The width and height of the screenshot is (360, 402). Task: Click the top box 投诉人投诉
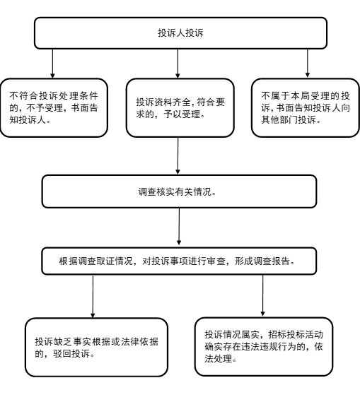tap(180, 33)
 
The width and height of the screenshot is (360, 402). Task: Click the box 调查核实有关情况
tap(180, 191)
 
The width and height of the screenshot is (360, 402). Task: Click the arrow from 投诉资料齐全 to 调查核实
tap(178, 155)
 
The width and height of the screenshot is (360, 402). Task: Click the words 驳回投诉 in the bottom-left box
tap(73, 353)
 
